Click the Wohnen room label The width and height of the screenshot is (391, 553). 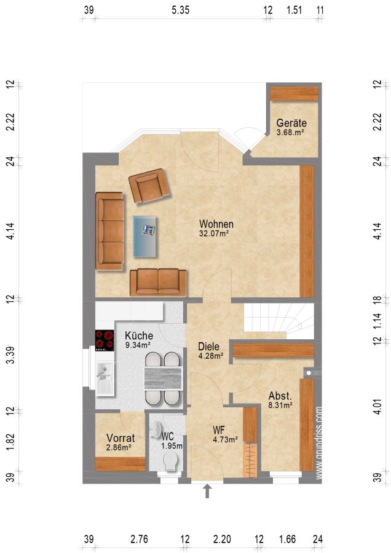216,224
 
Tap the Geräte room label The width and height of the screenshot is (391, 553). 291,123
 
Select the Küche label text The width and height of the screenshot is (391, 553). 139,335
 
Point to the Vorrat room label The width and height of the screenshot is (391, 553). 120,438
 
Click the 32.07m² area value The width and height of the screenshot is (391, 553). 214,233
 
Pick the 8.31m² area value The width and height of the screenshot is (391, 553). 280,406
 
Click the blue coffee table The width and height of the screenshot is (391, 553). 144,237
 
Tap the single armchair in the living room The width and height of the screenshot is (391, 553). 149,186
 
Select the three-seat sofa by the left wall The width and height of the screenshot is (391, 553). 110,232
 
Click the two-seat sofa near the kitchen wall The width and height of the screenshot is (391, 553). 158,282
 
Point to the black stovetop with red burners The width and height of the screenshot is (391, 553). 105,340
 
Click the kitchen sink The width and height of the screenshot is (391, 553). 104,378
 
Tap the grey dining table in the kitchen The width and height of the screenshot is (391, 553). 163,378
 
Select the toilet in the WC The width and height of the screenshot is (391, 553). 171,461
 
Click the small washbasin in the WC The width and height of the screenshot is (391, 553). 156,430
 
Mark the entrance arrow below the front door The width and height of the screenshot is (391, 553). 207,491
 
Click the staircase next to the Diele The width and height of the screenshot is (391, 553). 278,321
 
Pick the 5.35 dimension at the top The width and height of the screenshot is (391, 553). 181,10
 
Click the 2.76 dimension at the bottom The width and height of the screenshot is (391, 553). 140,539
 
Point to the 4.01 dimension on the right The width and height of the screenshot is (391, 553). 377,406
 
